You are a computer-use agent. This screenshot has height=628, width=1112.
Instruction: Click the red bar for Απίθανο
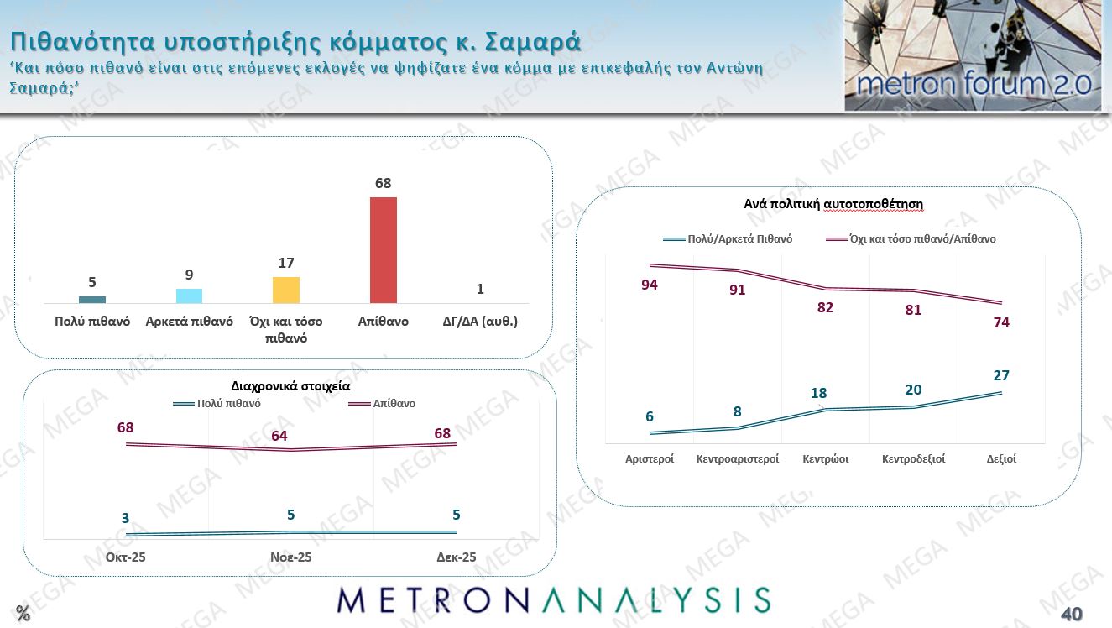pos(384,250)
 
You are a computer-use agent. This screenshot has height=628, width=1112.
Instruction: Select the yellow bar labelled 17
pos(286,290)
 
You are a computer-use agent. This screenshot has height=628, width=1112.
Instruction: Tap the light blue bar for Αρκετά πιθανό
pos(189,296)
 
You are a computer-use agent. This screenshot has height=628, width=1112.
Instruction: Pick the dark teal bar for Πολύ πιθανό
pos(92,300)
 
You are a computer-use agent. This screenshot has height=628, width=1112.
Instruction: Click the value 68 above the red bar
pos(384,183)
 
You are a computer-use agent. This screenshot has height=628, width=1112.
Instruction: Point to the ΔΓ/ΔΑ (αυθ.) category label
pos(480,322)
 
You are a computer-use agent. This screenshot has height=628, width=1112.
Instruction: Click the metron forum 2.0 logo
pos(973,56)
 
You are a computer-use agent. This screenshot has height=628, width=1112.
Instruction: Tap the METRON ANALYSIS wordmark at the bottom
pos(554,600)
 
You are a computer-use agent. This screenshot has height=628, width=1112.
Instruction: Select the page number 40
pos(1072,614)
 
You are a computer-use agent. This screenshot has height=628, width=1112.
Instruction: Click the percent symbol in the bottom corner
pos(23,614)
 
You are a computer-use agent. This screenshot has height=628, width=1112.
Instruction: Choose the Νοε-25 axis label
pos(291,557)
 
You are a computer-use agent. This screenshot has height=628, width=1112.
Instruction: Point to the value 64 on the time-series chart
pos(279,436)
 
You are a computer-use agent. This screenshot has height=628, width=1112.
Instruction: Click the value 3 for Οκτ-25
pos(126,519)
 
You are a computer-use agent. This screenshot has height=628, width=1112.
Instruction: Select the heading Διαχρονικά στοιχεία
pos(290,387)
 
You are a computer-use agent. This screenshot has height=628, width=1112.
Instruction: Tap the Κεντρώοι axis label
pos(825,459)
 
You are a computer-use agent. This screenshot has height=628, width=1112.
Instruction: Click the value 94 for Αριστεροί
pos(649,285)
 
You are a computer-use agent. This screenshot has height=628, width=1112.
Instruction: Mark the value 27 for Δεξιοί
pos(1000,375)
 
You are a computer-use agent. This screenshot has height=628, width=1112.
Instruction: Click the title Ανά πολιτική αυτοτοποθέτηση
pos(833,204)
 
